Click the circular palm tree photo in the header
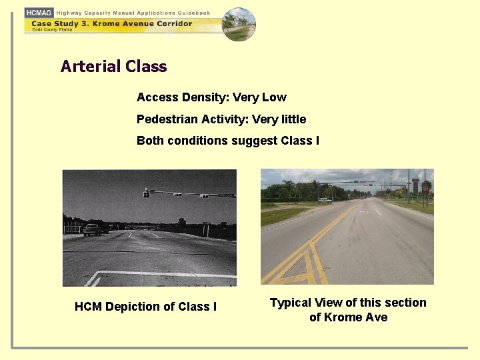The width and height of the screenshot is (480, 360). pyautogui.click(x=239, y=25)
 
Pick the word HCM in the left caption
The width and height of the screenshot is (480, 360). pyautogui.click(x=88, y=307)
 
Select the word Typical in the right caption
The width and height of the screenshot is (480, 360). pyautogui.click(x=291, y=303)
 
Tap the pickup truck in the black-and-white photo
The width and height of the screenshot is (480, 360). pyautogui.click(x=92, y=229)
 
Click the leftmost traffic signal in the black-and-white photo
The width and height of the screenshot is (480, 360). pyautogui.click(x=146, y=193)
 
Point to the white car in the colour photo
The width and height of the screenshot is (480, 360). pyautogui.click(x=325, y=200)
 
